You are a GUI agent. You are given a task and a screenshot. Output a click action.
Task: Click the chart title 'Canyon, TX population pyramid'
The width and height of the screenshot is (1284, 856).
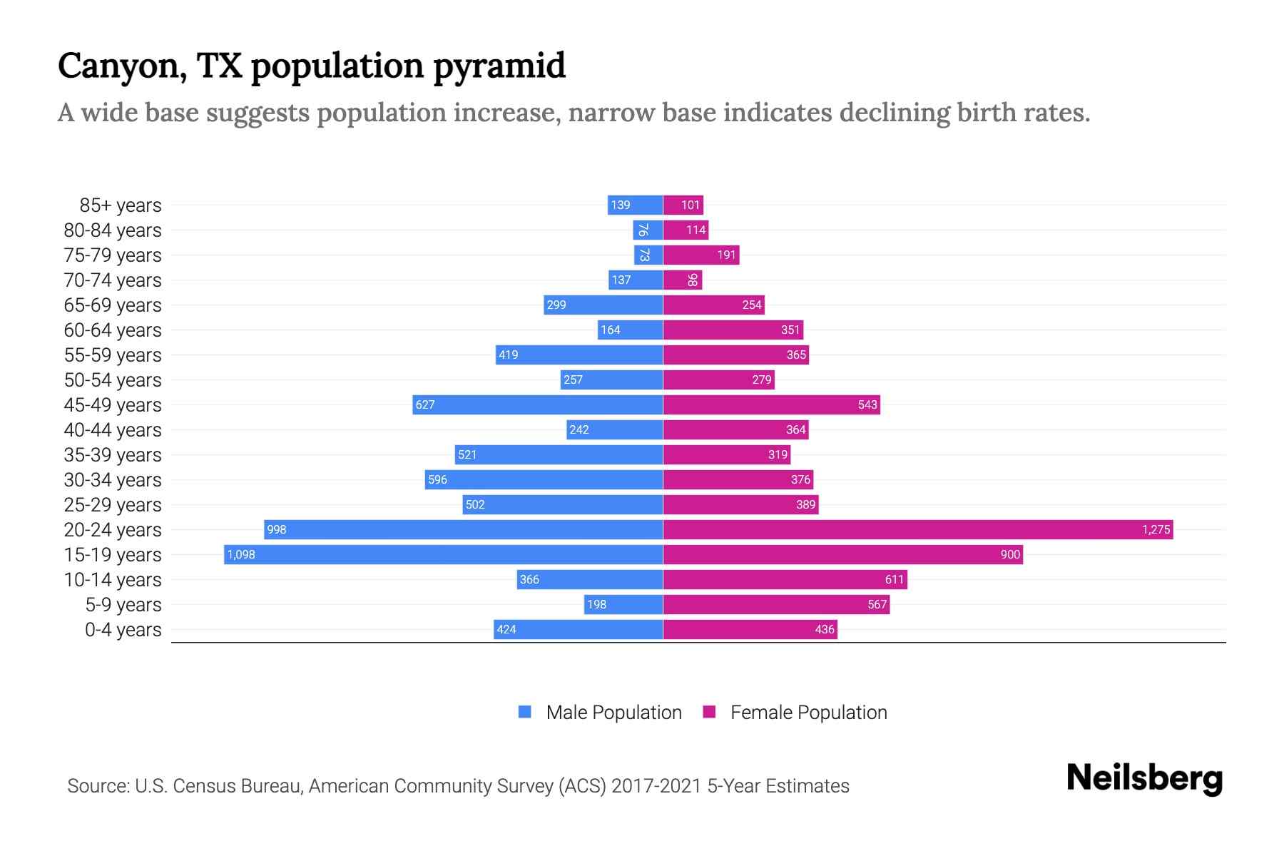[x=311, y=66]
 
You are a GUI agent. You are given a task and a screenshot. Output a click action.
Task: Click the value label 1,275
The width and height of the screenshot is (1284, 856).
[x=1156, y=529]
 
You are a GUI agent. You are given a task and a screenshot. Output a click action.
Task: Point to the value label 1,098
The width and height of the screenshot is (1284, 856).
[x=241, y=554]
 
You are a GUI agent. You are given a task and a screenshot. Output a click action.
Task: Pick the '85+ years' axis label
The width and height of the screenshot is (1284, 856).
[x=121, y=205]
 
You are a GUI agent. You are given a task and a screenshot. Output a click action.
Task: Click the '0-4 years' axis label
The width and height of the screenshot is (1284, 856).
[x=123, y=630]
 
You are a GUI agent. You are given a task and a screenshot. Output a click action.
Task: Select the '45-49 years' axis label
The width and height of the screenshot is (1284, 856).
[x=113, y=405]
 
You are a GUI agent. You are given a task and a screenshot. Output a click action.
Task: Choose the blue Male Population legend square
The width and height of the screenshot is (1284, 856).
[x=525, y=712]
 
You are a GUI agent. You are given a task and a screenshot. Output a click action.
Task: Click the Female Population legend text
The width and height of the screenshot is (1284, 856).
[x=808, y=713]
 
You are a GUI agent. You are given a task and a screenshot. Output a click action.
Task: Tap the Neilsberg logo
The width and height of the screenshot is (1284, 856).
[x=1144, y=778]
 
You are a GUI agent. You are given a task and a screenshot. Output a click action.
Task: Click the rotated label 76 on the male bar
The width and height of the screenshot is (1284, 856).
[x=643, y=230]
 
